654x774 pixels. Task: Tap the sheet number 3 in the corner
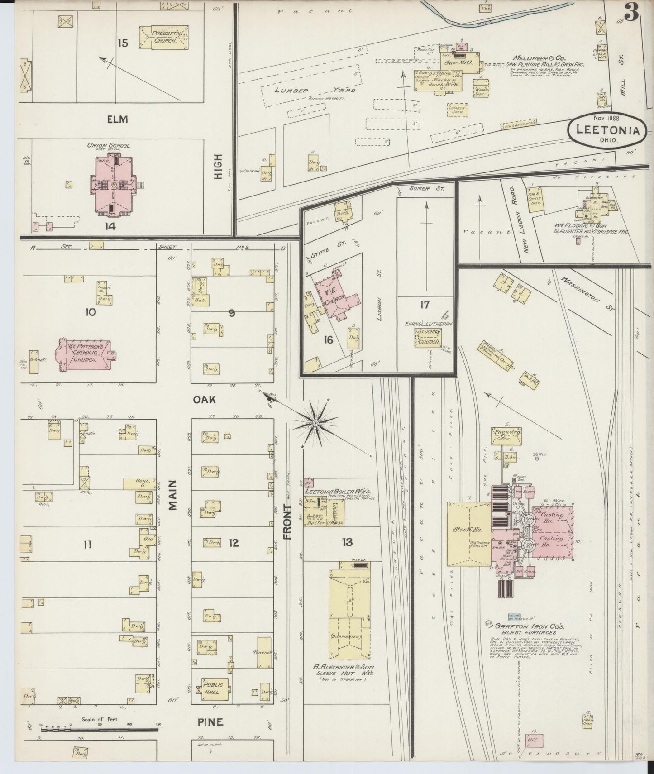coord(632,12)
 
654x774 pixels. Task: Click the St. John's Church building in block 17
coord(428,338)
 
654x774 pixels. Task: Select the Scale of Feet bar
coord(100,737)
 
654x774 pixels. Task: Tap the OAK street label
coord(204,400)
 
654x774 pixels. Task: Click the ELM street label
coord(117,119)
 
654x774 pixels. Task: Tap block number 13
coord(347,542)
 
